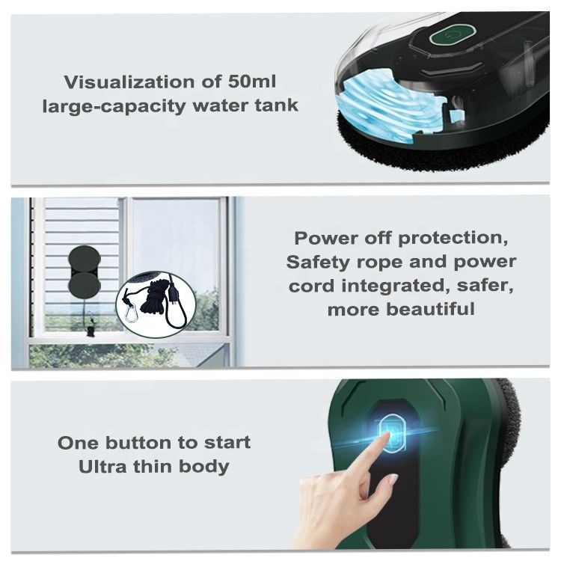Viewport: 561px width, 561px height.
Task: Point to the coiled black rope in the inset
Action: pos(156,297)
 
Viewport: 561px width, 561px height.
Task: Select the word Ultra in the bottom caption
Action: pos(102,467)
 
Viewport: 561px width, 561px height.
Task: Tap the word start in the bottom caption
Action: pos(227,443)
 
